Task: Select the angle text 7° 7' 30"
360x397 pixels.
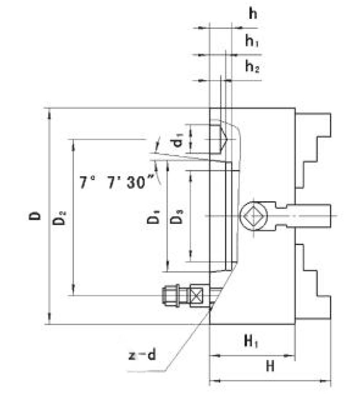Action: click(x=116, y=183)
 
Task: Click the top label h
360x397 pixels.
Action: click(x=252, y=14)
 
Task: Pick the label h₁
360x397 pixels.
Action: click(x=252, y=42)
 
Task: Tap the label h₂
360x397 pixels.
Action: click(x=252, y=67)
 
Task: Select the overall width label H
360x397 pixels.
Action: click(x=270, y=366)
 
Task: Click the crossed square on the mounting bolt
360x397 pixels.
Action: click(x=197, y=295)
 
